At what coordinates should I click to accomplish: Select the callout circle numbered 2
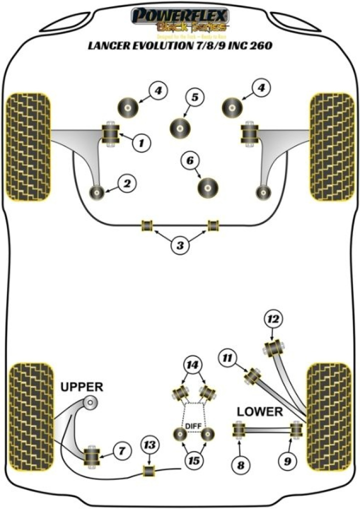pos(127,184)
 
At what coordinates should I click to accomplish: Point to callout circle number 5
pos(194,98)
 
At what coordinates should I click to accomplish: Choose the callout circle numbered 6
pos(190,161)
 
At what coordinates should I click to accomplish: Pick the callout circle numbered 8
pos(240,465)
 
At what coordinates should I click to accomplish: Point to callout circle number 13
pos(149,443)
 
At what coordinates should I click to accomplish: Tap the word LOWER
pos(259,411)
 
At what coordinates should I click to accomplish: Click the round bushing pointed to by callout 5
pos(180,128)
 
